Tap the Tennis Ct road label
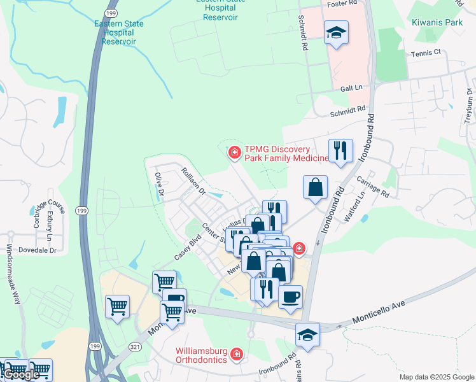[425, 54]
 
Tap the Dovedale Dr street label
[37, 250]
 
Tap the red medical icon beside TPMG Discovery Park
[234, 152]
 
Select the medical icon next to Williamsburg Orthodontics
[237, 353]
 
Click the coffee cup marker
[290, 297]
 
